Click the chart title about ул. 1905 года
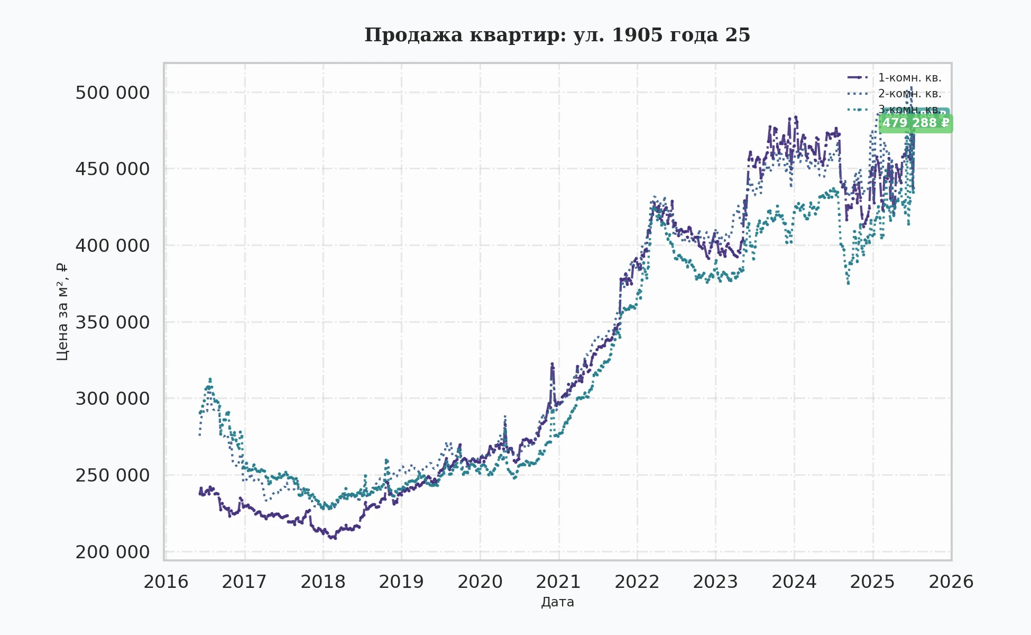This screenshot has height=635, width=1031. (x=557, y=35)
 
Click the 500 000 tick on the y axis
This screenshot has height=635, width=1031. (x=112, y=93)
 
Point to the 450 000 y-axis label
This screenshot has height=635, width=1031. (x=112, y=169)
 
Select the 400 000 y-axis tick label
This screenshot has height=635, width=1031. (x=112, y=246)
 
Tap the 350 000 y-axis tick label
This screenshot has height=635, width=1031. (x=112, y=322)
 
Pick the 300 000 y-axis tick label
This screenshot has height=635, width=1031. (x=112, y=398)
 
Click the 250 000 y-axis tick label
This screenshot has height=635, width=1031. (x=112, y=475)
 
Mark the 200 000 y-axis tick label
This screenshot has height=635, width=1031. (x=112, y=552)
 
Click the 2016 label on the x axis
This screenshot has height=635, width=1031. (x=166, y=582)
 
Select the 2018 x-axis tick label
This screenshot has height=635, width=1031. (x=323, y=582)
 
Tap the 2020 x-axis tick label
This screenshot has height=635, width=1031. (x=480, y=582)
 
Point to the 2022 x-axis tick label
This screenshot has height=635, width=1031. (x=637, y=582)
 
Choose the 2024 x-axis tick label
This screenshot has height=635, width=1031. (x=794, y=582)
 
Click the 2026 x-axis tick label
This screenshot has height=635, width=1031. (x=951, y=582)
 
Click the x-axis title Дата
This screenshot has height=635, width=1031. (x=557, y=602)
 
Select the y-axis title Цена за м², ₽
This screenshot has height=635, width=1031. (x=62, y=312)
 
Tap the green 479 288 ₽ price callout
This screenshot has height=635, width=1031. (x=916, y=123)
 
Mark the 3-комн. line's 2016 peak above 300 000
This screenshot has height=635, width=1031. (x=210, y=379)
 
